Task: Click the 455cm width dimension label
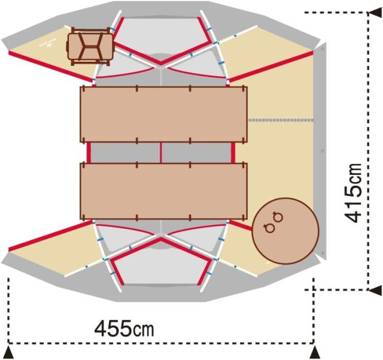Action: [124, 329]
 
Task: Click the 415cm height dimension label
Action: [352, 193]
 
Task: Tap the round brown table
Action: [285, 231]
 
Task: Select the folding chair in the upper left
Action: [90, 47]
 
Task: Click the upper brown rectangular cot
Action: [163, 114]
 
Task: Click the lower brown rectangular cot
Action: [163, 191]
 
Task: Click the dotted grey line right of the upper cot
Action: [281, 120]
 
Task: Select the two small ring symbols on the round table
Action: [273, 221]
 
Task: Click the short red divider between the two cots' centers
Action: [160, 153]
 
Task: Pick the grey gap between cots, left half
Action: [125, 153]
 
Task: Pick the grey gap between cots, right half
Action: [196, 153]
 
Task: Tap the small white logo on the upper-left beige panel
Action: [47, 43]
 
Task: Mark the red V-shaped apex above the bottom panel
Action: [160, 240]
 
